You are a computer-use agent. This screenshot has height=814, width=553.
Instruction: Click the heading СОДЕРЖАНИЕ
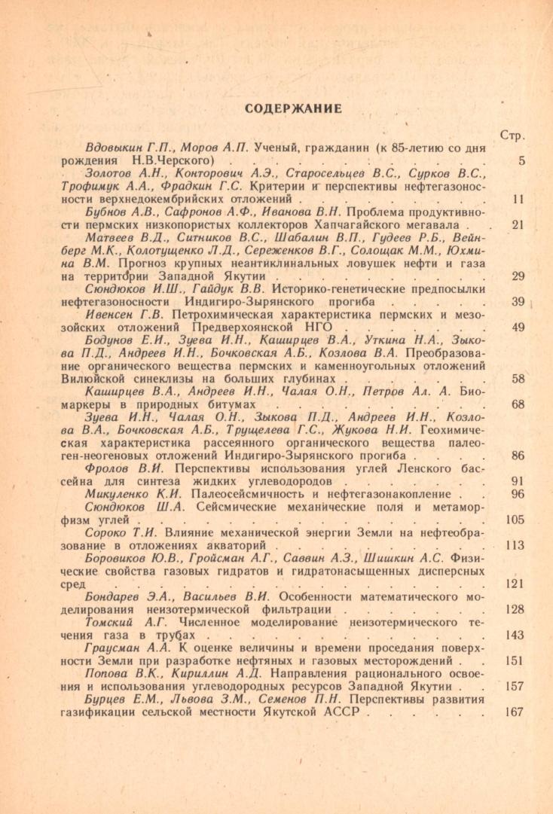[292, 109]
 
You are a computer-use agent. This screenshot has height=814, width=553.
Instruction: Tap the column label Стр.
[512, 136]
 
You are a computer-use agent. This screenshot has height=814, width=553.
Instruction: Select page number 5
[521, 161]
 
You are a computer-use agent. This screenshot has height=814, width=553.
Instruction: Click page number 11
[518, 200]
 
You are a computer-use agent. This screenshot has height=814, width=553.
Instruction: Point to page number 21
[518, 225]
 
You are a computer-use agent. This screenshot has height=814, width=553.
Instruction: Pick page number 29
[518, 276]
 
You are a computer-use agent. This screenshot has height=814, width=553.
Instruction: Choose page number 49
[518, 328]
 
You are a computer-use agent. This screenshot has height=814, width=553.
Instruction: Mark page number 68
[518, 404]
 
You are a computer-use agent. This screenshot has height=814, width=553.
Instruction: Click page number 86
[518, 456]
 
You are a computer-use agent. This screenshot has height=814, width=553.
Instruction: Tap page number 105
[515, 520]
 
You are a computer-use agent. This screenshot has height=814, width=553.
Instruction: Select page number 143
[515, 635]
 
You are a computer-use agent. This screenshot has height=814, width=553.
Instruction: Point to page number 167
[515, 712]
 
